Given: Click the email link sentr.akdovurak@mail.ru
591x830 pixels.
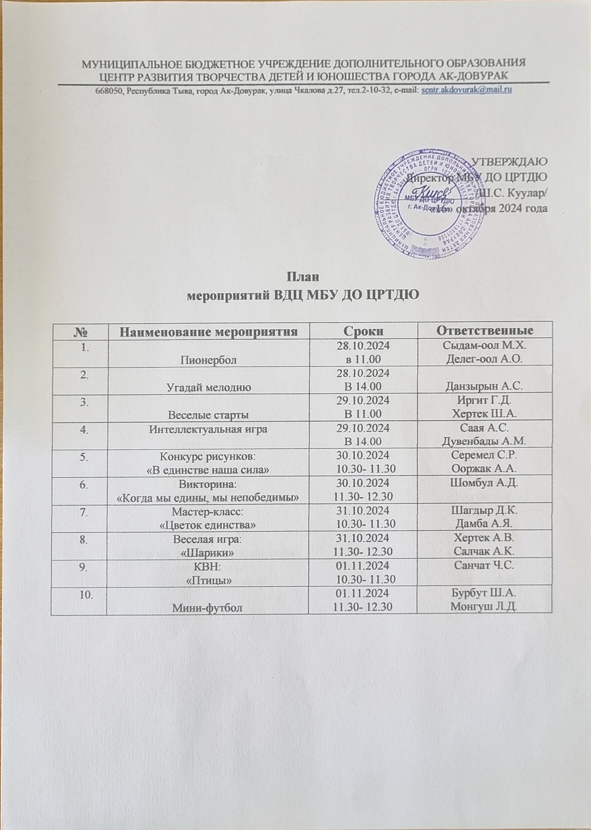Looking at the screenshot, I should (x=466, y=90).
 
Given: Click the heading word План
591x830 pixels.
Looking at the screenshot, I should (x=304, y=277).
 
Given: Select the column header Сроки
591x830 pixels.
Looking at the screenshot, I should (x=363, y=330).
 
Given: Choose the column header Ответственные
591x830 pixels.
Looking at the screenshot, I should (x=485, y=330).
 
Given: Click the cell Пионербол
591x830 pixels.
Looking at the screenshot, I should (x=208, y=360).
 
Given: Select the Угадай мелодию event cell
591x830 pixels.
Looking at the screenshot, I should (x=208, y=387).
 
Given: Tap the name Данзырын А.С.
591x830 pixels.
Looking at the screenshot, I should (x=484, y=387).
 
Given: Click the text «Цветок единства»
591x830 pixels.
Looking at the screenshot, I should (x=208, y=525).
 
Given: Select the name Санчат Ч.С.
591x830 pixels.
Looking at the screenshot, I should (x=484, y=566).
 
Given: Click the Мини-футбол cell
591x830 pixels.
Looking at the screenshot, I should (x=208, y=607).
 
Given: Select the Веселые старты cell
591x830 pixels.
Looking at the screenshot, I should (x=208, y=414).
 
